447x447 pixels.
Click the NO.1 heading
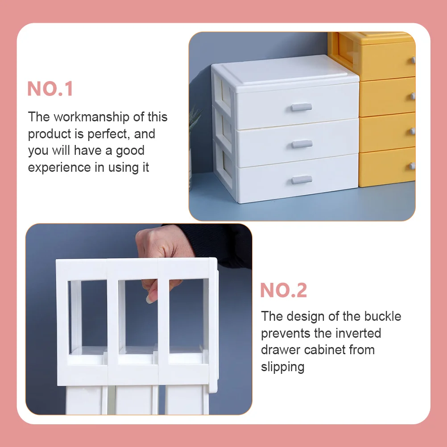pos(50,89)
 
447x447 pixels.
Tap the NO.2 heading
pos(284,290)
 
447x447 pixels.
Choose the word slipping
pos(283,367)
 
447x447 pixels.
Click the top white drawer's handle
pos(302,107)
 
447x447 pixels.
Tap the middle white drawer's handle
pos(302,144)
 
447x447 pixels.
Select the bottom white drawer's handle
pos(302,180)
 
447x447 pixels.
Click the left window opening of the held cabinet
pos(88,315)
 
